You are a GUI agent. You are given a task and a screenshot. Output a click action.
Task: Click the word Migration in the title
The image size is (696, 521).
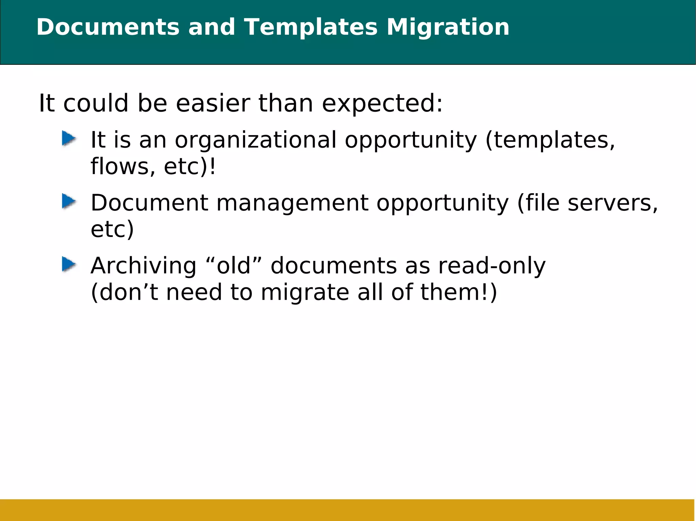point(448,27)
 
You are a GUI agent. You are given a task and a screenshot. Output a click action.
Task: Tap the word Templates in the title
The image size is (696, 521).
point(311,27)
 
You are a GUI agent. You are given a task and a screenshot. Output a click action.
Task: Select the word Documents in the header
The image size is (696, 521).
point(108,27)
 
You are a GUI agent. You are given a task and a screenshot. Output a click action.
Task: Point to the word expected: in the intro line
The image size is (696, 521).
point(382,104)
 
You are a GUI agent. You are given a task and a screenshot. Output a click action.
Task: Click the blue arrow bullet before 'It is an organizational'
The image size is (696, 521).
point(69,139)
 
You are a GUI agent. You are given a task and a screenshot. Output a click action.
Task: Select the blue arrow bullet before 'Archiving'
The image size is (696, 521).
point(69,264)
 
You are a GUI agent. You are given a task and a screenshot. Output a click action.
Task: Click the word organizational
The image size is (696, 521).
point(255,140)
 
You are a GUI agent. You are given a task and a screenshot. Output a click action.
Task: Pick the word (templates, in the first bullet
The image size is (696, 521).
point(550,140)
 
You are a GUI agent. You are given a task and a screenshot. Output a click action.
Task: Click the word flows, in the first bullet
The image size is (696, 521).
point(123,167)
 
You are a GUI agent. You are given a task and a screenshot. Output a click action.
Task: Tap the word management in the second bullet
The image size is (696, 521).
point(292,203)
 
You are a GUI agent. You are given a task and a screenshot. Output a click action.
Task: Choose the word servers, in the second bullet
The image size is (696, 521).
point(613,203)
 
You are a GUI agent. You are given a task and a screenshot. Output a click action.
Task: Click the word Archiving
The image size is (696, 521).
point(143,266)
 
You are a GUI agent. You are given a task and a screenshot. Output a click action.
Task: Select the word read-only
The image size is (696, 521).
point(491,266)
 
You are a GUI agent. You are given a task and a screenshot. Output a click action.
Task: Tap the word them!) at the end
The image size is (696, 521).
point(458,293)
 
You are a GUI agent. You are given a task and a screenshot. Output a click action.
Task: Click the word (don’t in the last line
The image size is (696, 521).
point(124,293)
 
